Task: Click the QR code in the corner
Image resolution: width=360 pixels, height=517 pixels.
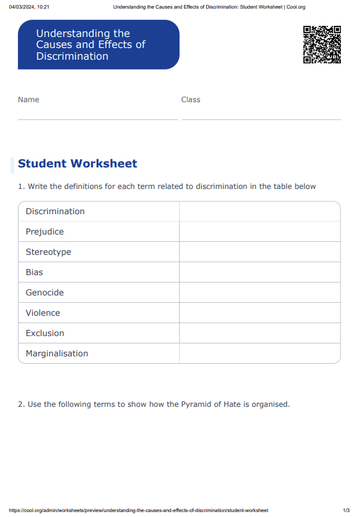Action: coord(322,44)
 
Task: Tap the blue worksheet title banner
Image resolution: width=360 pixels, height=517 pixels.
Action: coord(98,44)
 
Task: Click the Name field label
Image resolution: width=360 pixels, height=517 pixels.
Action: coord(28,100)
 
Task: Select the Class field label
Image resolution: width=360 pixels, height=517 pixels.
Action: coord(191,100)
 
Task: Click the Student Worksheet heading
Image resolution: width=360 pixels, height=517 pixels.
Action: coord(78,164)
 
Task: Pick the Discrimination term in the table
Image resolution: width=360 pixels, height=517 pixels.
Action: coord(55,211)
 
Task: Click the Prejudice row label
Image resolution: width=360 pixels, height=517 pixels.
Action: coord(45,231)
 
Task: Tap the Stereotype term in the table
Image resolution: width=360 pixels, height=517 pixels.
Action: coord(49,252)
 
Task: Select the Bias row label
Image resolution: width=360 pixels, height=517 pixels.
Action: coord(34,272)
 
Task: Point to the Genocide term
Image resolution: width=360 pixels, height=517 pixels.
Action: coord(45,292)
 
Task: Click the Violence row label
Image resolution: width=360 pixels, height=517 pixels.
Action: coord(43,313)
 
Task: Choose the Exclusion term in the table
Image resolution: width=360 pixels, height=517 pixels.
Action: coord(45,333)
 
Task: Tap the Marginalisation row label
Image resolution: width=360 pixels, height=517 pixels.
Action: coord(57,353)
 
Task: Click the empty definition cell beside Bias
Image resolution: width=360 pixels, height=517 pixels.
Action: coord(260,272)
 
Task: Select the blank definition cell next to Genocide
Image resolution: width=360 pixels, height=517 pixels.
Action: coord(260,292)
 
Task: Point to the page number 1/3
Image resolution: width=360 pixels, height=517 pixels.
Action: coord(346,510)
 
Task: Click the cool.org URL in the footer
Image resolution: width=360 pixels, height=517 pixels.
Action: coord(139,510)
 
